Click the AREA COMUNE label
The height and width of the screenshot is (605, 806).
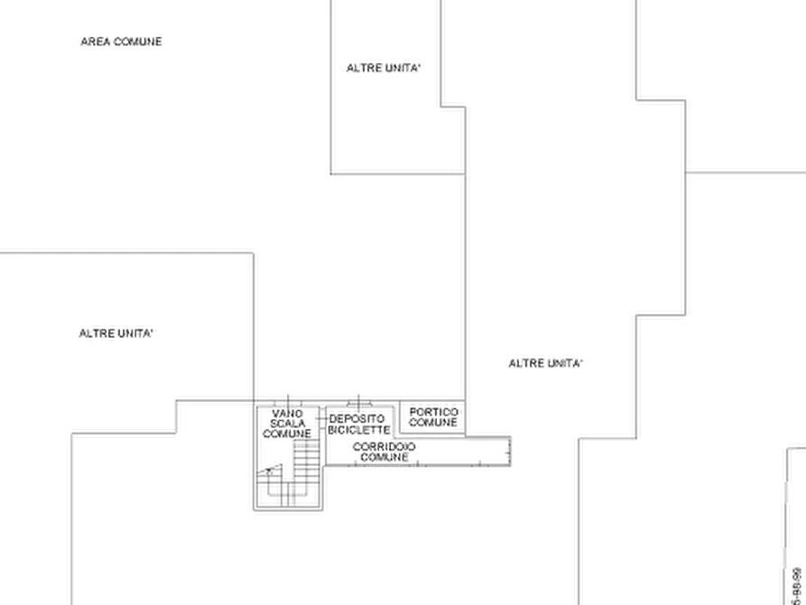(122, 42)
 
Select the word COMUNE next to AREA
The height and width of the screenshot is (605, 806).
(139, 42)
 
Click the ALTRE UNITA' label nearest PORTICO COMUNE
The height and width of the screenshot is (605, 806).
(545, 363)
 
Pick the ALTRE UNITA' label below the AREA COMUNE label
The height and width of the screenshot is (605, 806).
(115, 334)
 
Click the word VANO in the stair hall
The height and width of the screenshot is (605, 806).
(286, 412)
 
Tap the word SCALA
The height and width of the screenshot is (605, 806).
(286, 423)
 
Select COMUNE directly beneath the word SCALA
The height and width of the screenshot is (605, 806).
(286, 433)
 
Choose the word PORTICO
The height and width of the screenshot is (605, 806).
(434, 411)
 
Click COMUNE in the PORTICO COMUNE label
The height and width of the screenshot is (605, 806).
(434, 422)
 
